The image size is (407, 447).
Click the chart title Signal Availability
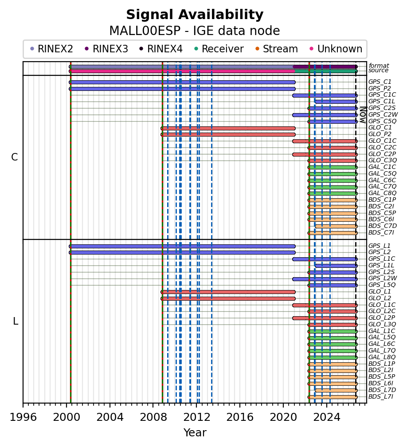click(x=195, y=15)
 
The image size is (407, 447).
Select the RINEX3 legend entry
click(x=107, y=49)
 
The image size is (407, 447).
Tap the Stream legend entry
click(x=277, y=49)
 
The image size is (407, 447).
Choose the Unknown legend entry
click(x=336, y=49)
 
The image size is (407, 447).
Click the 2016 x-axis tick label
click(x=240, y=417)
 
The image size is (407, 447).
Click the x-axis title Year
click(x=195, y=432)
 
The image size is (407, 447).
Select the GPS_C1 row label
click(x=380, y=82)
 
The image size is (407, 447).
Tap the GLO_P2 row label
click(x=380, y=134)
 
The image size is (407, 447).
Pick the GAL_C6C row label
click(x=382, y=180)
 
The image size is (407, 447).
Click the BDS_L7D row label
click(x=382, y=390)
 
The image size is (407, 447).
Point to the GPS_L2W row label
click(x=383, y=278)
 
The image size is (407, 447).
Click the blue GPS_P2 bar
click(x=182, y=89)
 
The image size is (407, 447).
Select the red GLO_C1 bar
click(x=228, y=128)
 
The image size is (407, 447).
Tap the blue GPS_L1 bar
click(x=182, y=246)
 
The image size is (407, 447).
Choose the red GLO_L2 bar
click(x=228, y=299)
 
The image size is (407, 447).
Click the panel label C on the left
click(x=15, y=157)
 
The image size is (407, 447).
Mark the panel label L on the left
click(x=16, y=321)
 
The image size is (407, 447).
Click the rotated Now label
click(x=363, y=115)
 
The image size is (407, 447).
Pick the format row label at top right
click(x=379, y=66)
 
